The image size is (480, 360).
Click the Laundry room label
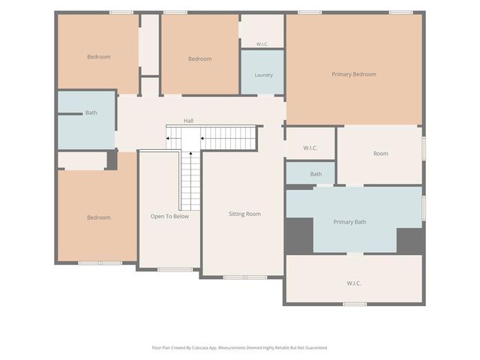[x=263, y=75]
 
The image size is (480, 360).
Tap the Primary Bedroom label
[x=354, y=74]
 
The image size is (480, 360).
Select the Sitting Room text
[x=244, y=214]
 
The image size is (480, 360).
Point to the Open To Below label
[x=169, y=217]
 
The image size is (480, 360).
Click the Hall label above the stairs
[x=188, y=121]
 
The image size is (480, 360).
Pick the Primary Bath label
[x=349, y=222]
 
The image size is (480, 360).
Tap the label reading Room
[x=381, y=154]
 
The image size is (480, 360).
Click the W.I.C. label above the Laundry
[x=262, y=44]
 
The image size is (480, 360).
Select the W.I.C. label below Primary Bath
[x=353, y=283]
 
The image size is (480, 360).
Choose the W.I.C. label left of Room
[x=310, y=148]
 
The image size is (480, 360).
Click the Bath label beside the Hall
[x=91, y=112]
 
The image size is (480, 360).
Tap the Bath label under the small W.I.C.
[x=316, y=174]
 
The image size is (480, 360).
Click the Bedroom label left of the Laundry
[x=200, y=58]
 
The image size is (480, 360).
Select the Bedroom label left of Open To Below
[x=98, y=217]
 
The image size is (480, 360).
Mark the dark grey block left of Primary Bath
[x=299, y=235]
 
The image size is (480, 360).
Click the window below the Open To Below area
[x=175, y=270]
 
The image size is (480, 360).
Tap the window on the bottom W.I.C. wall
[x=355, y=304]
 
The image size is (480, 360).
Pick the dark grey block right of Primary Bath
[x=410, y=241]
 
